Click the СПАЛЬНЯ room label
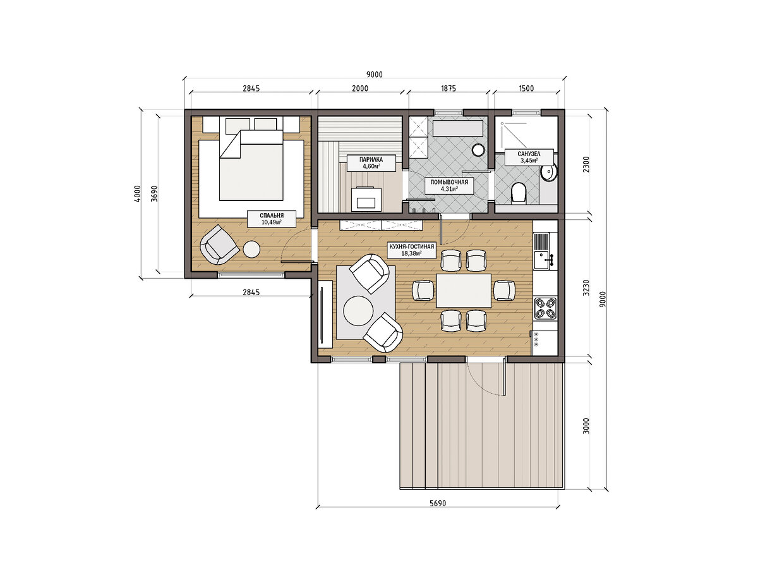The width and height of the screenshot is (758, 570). [x=272, y=219]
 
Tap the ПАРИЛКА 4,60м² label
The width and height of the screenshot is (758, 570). [x=371, y=162]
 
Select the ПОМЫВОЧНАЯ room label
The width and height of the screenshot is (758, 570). [x=449, y=185]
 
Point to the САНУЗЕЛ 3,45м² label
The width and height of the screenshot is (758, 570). [x=529, y=157]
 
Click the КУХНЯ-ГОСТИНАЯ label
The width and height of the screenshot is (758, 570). [x=411, y=250]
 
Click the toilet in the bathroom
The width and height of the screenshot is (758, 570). [x=518, y=192]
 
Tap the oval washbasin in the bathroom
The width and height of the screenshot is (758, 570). [x=548, y=173]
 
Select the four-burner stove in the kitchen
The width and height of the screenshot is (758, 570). [x=545, y=308]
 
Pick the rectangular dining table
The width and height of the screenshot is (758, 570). [x=464, y=290]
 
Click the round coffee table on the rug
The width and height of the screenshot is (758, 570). [x=358, y=310]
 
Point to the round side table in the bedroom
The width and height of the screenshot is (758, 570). [x=251, y=249]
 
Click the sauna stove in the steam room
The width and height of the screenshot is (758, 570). [x=366, y=199]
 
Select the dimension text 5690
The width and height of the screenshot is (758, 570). [x=438, y=503]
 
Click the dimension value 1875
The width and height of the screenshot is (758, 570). [x=448, y=88]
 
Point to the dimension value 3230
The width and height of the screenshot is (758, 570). [x=586, y=288]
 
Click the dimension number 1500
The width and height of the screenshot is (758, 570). [x=526, y=88]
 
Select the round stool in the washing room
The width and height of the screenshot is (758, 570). [x=479, y=150]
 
